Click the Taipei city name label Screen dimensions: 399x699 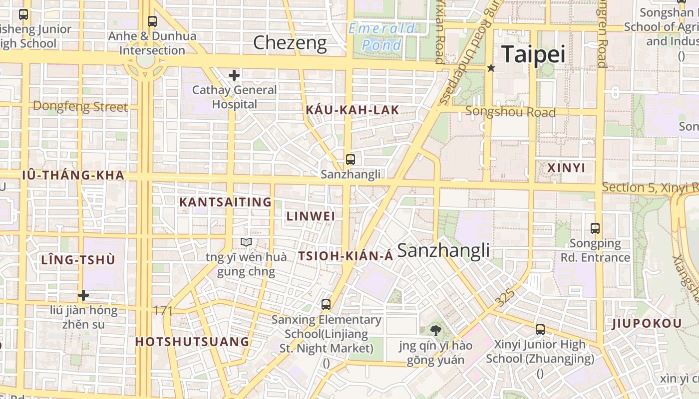[x=533, y=54]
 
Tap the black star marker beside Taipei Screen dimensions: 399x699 [x=491, y=68]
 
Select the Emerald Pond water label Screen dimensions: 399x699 [x=382, y=37]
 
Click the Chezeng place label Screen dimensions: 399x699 [x=290, y=43]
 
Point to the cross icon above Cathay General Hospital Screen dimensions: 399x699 [x=234, y=75]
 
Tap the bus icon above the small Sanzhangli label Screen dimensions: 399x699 [x=350, y=160]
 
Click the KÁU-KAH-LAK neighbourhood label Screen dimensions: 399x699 [x=352, y=110]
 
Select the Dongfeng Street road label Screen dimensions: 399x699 [x=80, y=106]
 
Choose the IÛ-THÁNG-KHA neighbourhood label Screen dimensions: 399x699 [x=73, y=175]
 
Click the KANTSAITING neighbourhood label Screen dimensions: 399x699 [x=225, y=202]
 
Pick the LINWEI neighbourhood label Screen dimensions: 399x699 [x=311, y=216]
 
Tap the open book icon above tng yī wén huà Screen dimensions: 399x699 [x=246, y=242]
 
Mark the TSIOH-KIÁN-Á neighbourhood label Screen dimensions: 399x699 [x=346, y=256]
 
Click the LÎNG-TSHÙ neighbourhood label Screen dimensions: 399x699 [x=78, y=260]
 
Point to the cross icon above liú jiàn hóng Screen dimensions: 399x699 [x=83, y=295]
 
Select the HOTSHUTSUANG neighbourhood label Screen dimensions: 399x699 [x=192, y=342]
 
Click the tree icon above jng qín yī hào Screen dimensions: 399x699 [x=435, y=330]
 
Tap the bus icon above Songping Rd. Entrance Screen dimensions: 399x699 [x=595, y=228]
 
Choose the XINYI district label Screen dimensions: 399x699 [x=566, y=168]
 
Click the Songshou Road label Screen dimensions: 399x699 [x=510, y=112]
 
